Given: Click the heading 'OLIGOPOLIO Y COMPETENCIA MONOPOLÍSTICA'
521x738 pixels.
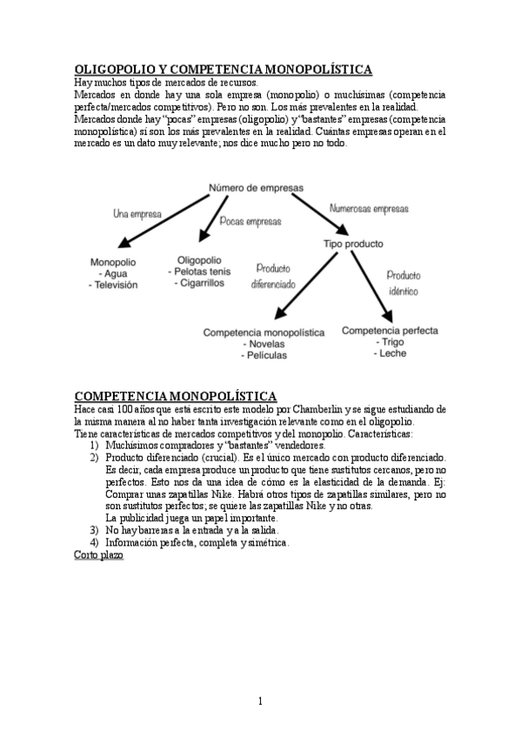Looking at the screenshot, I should click(x=224, y=69).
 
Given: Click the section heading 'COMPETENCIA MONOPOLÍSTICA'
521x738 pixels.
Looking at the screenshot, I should click(x=176, y=396).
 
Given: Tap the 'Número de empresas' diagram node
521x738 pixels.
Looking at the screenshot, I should click(x=255, y=187).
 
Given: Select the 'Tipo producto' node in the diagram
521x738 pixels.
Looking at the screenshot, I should click(x=353, y=244).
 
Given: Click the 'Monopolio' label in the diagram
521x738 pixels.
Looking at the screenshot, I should click(x=113, y=262).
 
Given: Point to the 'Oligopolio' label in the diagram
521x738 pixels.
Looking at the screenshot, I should click(x=199, y=259).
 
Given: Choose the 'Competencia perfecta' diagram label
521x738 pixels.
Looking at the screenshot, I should click(x=390, y=331).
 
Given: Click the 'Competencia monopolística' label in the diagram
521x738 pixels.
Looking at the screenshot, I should click(x=264, y=332).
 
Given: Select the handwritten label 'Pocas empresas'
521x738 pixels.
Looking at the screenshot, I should click(x=251, y=222).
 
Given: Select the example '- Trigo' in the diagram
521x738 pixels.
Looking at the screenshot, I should click(x=389, y=343).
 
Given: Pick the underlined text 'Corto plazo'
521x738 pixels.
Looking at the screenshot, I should click(x=99, y=554).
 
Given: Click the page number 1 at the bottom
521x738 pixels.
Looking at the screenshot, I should click(x=260, y=701).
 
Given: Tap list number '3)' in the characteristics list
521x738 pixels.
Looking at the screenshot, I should click(x=94, y=530).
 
